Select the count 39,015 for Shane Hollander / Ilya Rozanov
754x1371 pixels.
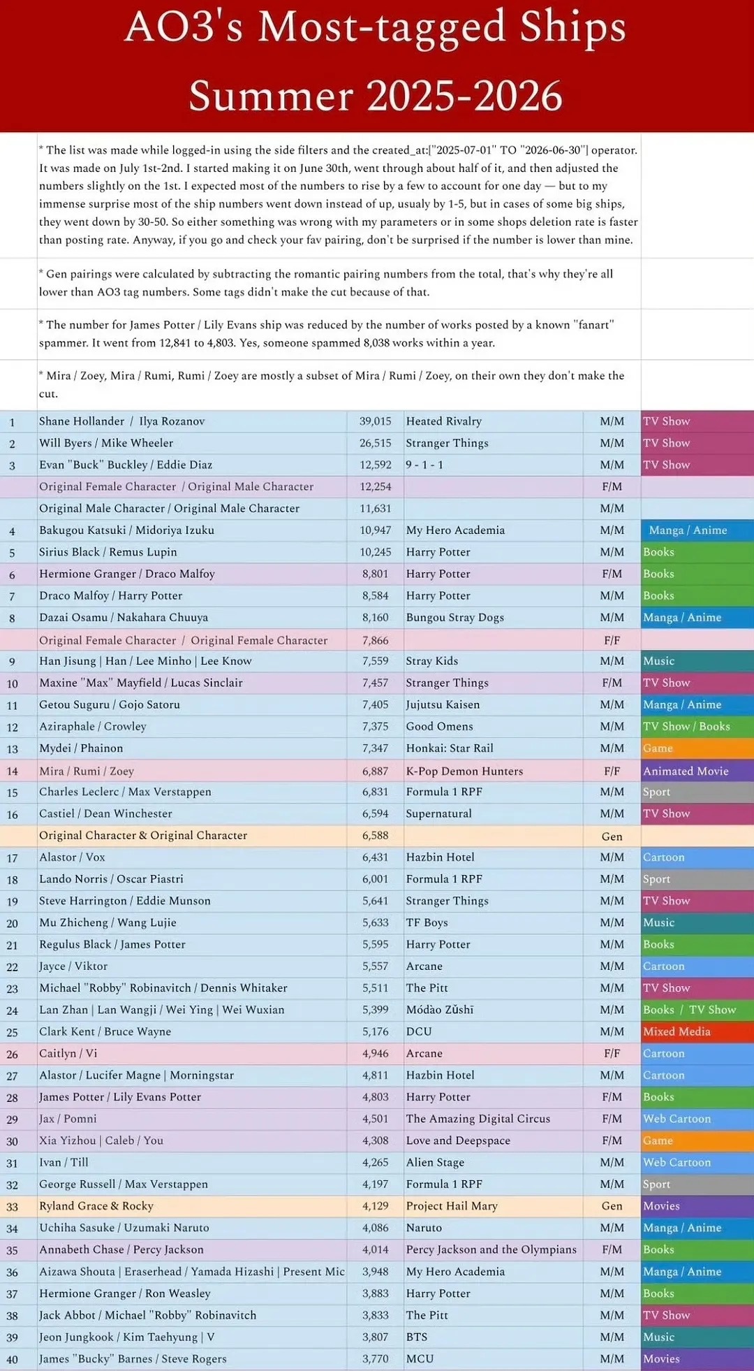tap(376, 421)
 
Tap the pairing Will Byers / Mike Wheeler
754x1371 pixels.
tap(106, 443)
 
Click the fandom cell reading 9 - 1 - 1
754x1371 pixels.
tap(424, 465)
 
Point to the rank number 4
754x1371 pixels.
tap(12, 531)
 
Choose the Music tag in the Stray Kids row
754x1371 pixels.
tap(659, 661)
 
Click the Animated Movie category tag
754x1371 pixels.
tap(686, 771)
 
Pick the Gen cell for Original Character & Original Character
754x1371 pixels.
tap(612, 836)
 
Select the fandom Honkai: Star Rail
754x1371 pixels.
tap(450, 748)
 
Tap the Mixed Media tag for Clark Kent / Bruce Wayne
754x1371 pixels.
tap(677, 1032)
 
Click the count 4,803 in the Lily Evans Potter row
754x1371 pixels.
tap(376, 1097)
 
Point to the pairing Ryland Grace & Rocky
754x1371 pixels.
tap(96, 1206)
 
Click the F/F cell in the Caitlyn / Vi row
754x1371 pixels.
tap(612, 1054)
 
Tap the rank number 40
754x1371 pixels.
tap(12, 1360)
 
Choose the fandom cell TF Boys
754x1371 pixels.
tap(427, 923)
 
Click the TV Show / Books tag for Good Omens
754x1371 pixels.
tap(686, 727)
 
